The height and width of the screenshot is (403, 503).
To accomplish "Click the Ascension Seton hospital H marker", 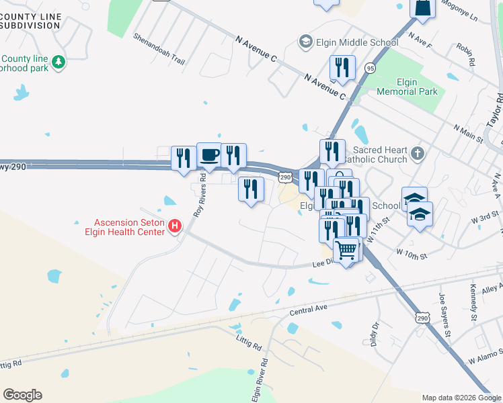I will [x=175, y=226].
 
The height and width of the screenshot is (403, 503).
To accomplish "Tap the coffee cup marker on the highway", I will [x=208, y=155].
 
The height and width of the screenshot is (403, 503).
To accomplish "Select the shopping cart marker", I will [x=346, y=250].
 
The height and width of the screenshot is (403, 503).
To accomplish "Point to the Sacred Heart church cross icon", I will [x=418, y=154].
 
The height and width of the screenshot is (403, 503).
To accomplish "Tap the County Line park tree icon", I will [x=59, y=62].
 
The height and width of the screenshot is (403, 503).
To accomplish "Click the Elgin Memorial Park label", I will [x=407, y=87].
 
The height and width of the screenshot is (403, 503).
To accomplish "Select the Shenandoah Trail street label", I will [x=159, y=49].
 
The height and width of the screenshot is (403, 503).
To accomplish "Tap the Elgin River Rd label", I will [x=260, y=379].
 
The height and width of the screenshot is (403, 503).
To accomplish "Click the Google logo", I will [x=22, y=395].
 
